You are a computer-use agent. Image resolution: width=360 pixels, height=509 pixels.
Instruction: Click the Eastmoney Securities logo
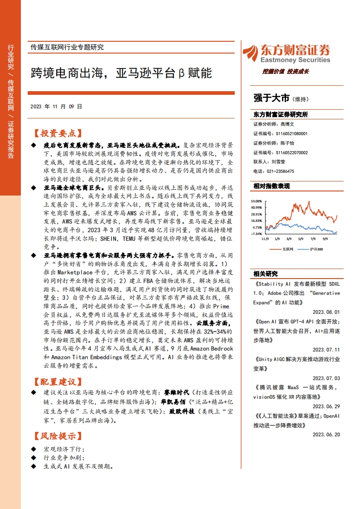(286, 54)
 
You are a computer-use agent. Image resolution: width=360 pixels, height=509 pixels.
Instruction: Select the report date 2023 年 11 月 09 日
(56, 107)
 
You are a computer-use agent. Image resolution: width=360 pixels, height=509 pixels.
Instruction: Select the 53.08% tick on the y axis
(256, 201)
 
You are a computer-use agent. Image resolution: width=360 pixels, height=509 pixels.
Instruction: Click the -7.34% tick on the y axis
(256, 234)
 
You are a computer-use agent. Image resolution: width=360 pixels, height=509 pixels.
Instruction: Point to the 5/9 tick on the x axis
(301, 238)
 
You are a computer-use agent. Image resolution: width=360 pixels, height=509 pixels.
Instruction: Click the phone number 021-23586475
(280, 171)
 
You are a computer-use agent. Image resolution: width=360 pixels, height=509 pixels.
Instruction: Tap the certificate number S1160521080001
(291, 134)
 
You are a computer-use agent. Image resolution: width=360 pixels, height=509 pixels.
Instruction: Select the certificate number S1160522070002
(291, 152)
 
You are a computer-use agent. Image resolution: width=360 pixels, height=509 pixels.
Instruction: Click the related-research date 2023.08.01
(326, 313)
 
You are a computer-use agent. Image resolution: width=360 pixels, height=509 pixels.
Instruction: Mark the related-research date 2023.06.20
(326, 435)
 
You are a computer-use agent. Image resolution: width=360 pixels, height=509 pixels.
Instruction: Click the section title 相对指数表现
(271, 186)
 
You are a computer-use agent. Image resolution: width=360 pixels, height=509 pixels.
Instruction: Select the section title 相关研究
(265, 274)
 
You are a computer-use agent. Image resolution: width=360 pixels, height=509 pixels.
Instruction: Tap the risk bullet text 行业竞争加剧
(64, 457)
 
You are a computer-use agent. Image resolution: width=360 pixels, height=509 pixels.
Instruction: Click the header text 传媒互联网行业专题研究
(67, 47)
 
